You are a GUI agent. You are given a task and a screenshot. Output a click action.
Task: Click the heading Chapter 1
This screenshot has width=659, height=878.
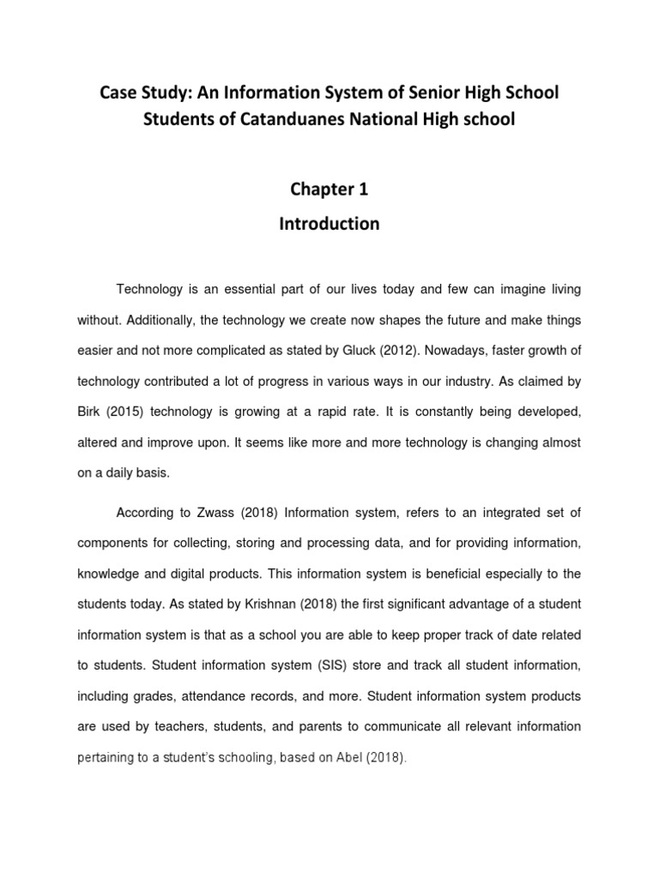[x=329, y=189]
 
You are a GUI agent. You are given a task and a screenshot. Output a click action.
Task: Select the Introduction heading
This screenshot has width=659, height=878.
[x=329, y=224]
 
